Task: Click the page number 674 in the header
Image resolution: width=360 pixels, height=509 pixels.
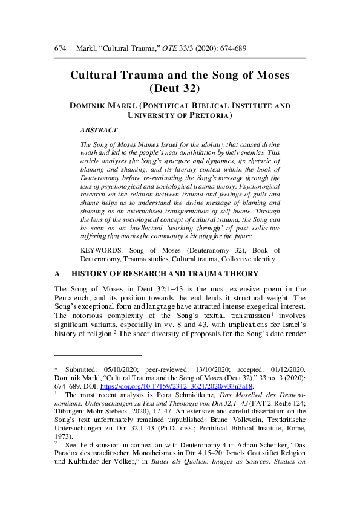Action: coord(60,47)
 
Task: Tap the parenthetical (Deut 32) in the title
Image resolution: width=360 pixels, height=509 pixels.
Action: coord(180,90)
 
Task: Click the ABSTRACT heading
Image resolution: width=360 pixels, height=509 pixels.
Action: coord(99,130)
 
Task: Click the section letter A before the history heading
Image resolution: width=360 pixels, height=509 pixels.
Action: coord(57,274)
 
